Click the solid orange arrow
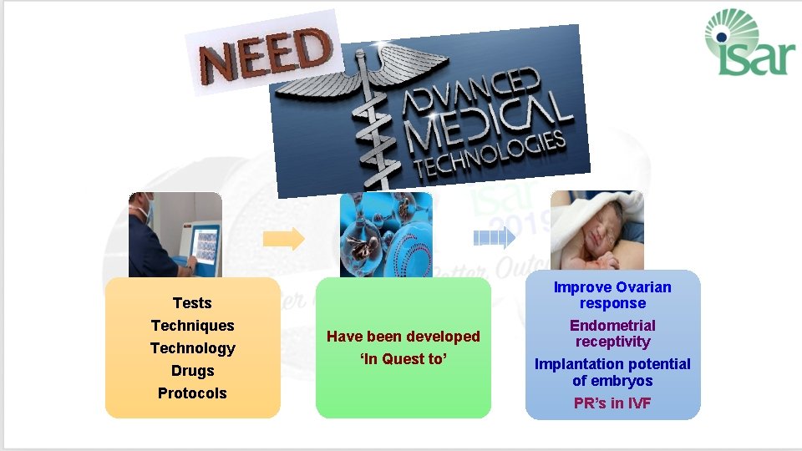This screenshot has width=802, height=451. pos(284,239)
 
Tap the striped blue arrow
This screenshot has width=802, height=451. pos(494,239)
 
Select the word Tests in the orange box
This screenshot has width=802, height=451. pos(192,303)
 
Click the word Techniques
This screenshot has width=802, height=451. pos(192,326)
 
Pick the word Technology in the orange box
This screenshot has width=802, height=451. pos(192,348)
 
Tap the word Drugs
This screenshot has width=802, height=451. pos(192,371)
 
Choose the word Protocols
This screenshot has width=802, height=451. pos(192,393)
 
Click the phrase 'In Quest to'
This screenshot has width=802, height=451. pos(404,359)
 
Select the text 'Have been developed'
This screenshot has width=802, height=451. pos(404,337)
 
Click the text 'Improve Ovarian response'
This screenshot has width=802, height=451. pos(612,295)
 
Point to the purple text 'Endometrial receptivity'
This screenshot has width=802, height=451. pos(612,333)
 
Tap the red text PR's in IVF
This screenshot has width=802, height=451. pos(612,404)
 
